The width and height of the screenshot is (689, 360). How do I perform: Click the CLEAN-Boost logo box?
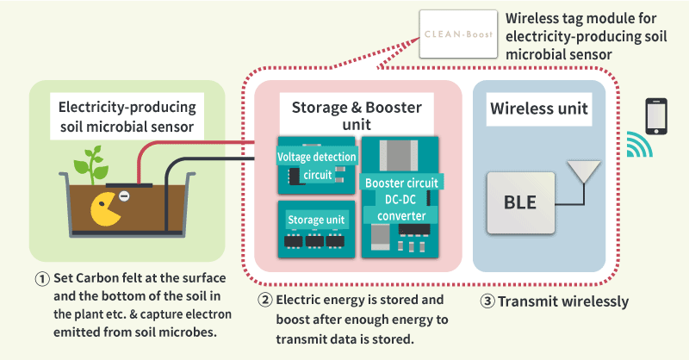coord(458,34)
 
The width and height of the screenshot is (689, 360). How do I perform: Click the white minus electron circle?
coord(123,197)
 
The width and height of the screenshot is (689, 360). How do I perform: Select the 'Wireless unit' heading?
coord(539,109)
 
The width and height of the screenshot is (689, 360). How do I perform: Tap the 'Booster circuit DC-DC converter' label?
coord(402,199)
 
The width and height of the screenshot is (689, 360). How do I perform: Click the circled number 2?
coord(267,301)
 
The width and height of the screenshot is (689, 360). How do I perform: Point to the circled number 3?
coord(486,301)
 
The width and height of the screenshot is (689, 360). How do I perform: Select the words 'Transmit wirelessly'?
coord(563,301)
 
